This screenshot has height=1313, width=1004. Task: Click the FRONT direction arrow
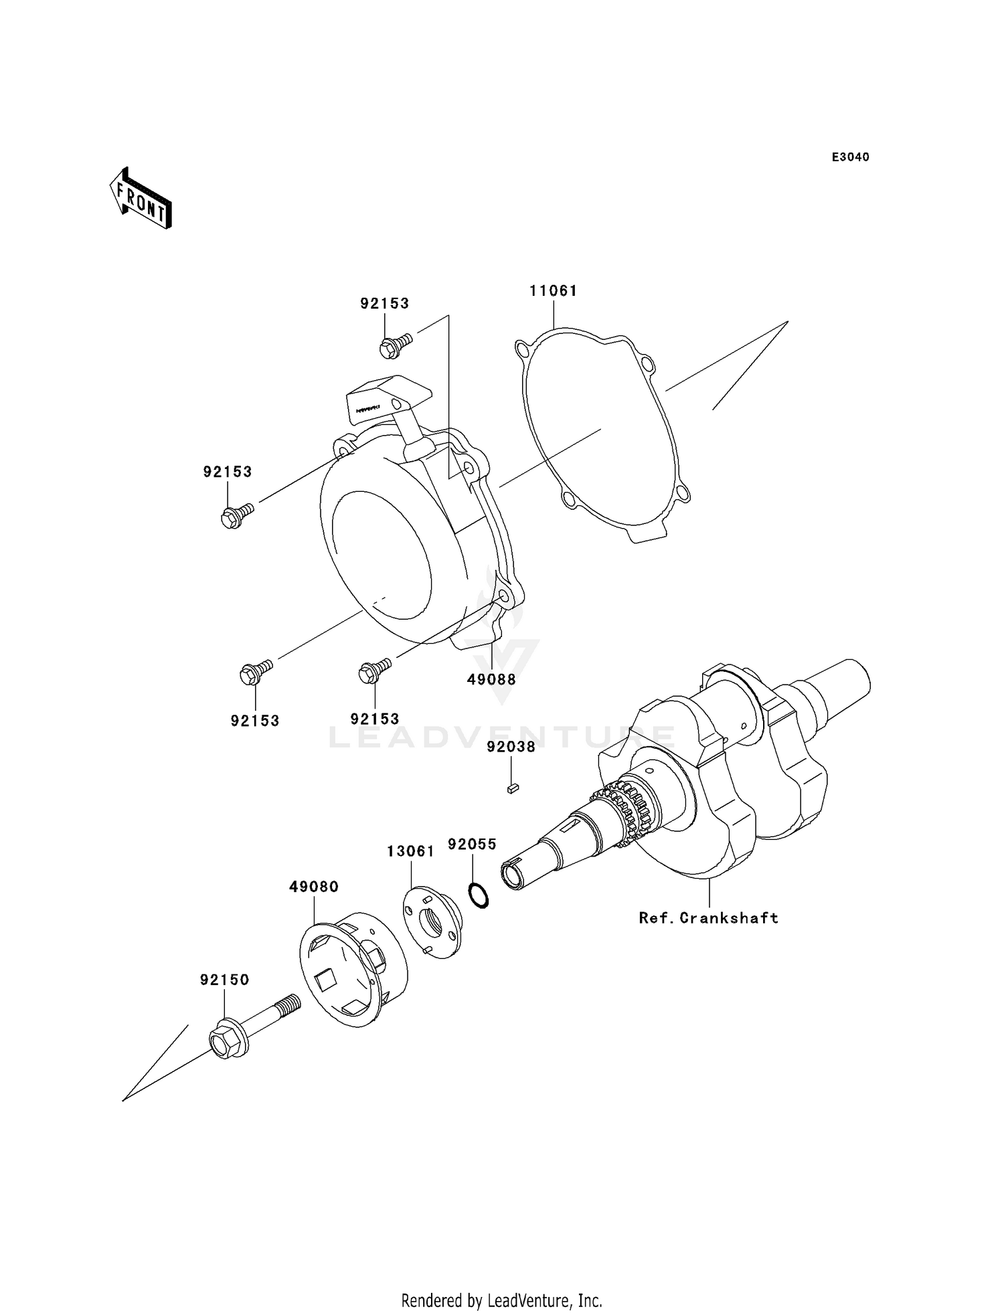pyautogui.click(x=141, y=199)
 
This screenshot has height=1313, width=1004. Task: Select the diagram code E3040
pyautogui.click(x=850, y=157)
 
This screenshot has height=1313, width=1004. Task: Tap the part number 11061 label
pyautogui.click(x=553, y=291)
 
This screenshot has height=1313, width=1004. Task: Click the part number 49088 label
pyautogui.click(x=491, y=679)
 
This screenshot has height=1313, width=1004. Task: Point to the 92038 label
pyautogui.click(x=511, y=747)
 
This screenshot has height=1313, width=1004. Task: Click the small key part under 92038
pyautogui.click(x=513, y=788)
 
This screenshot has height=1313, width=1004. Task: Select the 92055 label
pyautogui.click(x=472, y=845)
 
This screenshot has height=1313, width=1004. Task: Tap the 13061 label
pyautogui.click(x=410, y=851)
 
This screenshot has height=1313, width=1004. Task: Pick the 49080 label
pyautogui.click(x=314, y=887)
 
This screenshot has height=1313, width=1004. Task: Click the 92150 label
pyautogui.click(x=224, y=980)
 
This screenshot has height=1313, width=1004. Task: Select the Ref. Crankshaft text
pyautogui.click(x=708, y=918)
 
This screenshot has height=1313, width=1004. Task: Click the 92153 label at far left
pyautogui.click(x=228, y=472)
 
